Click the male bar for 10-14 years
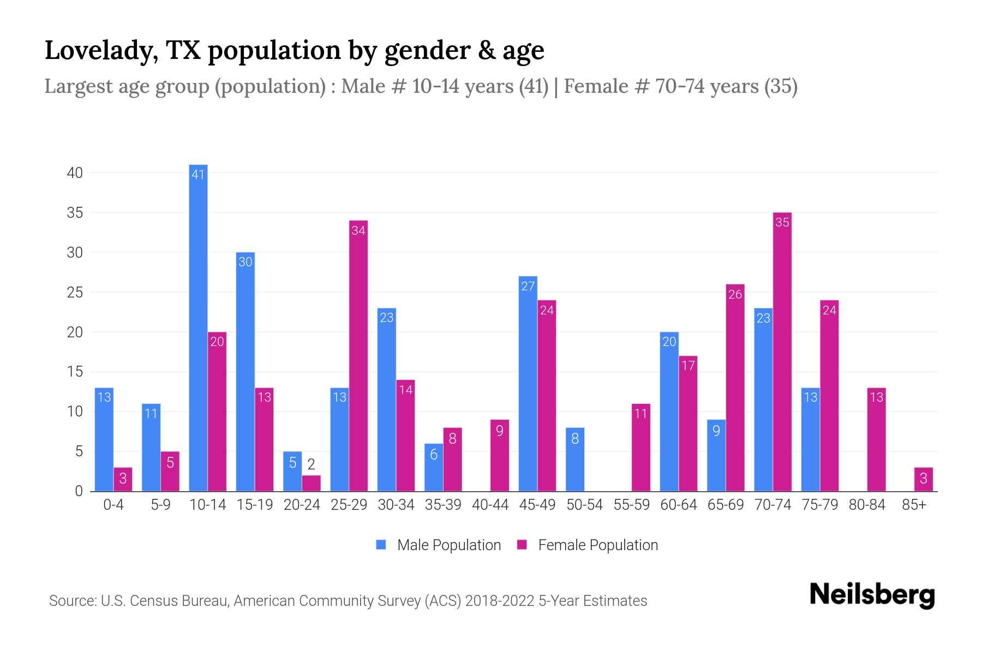(x=198, y=327)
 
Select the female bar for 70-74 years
(x=782, y=352)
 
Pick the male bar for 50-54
(x=575, y=460)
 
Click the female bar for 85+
(x=923, y=479)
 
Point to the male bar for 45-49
(x=528, y=384)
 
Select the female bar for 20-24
(x=311, y=483)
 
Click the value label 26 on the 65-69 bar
(x=735, y=294)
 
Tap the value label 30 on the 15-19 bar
(x=245, y=262)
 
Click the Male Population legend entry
(x=439, y=545)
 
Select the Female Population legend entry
(x=588, y=545)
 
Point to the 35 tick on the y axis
(x=75, y=213)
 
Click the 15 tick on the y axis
(x=75, y=372)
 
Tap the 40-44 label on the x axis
(x=490, y=505)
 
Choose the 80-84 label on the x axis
(x=866, y=505)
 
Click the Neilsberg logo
(x=872, y=595)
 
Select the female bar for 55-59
(x=640, y=448)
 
